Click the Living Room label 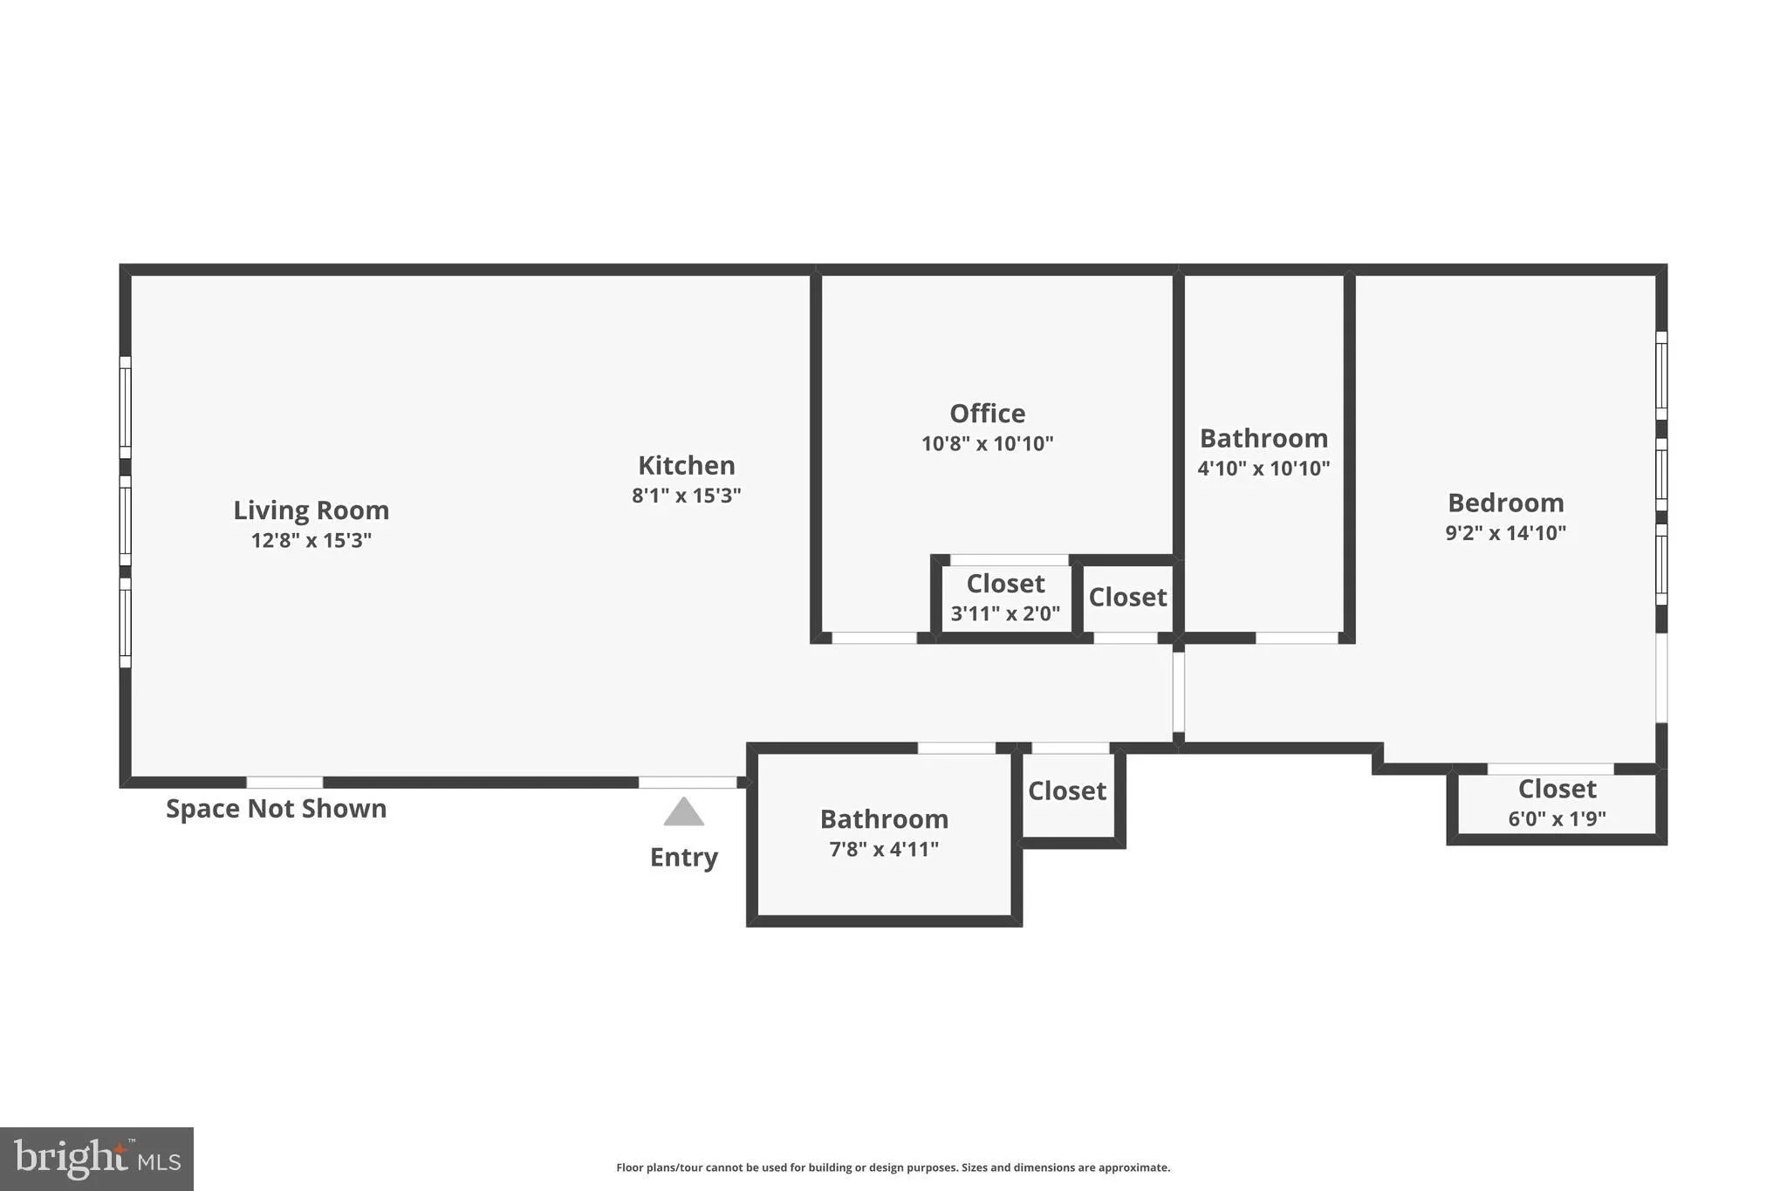pos(311,510)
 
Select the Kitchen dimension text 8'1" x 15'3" pos(686,496)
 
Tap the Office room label pos(987,413)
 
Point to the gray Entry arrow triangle pos(683,813)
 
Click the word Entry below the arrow pos(683,857)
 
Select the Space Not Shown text pos(276,809)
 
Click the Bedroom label pos(1505,503)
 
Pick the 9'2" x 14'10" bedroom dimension pos(1505,533)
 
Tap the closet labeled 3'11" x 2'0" pos(1005,597)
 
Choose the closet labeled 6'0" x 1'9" pos(1557,803)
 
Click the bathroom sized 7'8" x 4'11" pos(884,833)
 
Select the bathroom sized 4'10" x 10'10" pos(1263,452)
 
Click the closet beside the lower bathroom pos(1066,791)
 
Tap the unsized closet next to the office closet pos(1127,598)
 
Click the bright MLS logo pos(96,1159)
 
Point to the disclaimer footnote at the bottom pos(893,1167)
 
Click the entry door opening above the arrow pos(688,783)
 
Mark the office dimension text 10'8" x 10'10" pos(987,444)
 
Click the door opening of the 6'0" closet pos(1550,769)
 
